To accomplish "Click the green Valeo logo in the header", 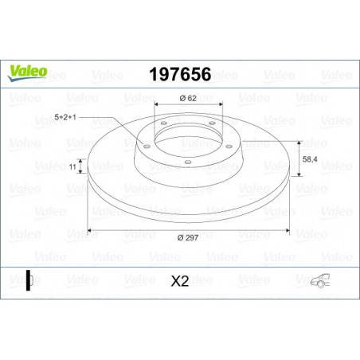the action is coord(27,72).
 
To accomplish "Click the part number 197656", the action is coord(180,74).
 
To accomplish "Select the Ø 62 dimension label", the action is coord(188,98).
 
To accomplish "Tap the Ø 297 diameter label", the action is coord(188,237).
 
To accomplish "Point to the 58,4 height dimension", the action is coord(310,159).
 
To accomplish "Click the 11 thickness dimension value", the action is coord(72,167).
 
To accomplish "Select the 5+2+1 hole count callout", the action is coord(65,117).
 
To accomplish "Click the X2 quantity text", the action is coord(180,281).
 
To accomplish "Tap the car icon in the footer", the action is coord(320,280).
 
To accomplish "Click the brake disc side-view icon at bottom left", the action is coord(29,280).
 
